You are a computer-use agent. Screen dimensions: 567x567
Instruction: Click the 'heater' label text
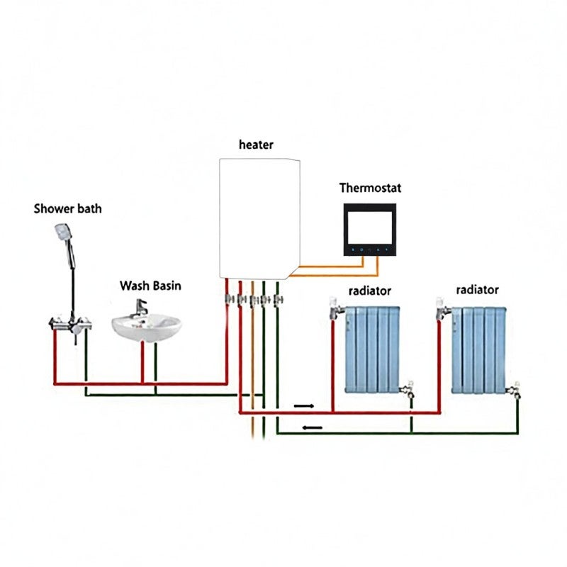click(256, 145)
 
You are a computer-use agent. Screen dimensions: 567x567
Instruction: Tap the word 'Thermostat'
click(370, 188)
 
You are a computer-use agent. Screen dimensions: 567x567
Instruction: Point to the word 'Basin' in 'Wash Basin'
click(166, 286)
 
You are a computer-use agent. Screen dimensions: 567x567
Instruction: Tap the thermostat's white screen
click(369, 228)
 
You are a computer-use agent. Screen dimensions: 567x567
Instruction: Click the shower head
click(63, 232)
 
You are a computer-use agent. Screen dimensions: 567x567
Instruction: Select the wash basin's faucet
click(140, 308)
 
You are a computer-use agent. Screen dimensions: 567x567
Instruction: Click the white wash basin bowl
click(147, 327)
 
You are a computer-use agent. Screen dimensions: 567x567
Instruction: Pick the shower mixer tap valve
click(70, 324)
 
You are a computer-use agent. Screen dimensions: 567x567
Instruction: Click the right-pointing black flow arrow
click(304, 406)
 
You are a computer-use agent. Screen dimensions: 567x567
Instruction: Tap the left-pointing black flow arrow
click(312, 428)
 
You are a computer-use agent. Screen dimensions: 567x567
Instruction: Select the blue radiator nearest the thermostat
click(372, 349)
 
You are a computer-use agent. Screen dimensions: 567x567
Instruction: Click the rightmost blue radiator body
click(479, 350)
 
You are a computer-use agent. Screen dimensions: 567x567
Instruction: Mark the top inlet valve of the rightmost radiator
click(442, 308)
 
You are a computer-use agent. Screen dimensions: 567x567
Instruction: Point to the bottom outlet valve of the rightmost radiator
click(515, 390)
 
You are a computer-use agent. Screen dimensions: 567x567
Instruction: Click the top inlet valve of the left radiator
click(336, 308)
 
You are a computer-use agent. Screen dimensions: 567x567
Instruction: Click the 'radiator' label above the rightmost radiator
click(477, 290)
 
